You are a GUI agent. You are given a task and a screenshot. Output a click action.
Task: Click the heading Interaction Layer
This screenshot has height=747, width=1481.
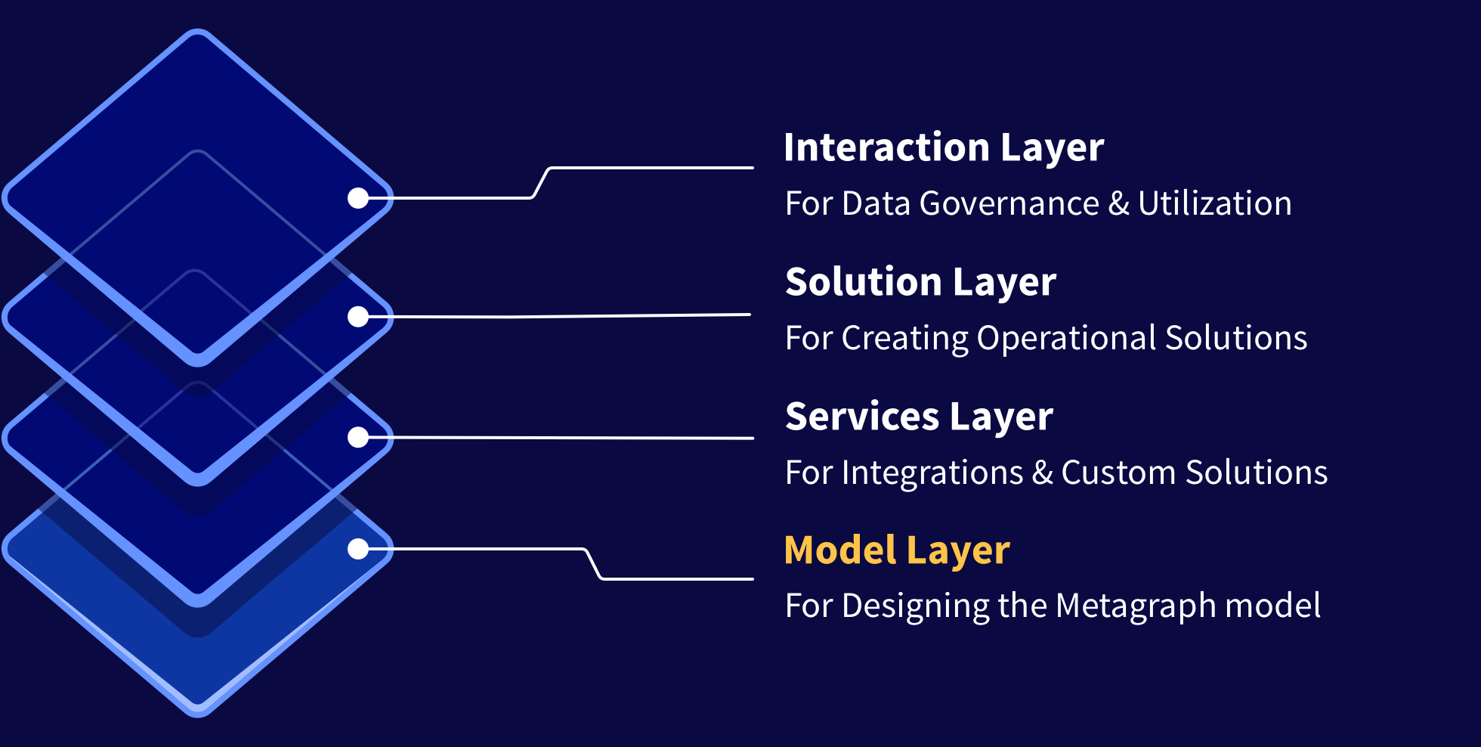pos(944,147)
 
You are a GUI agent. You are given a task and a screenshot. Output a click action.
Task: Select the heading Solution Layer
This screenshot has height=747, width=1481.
pos(920,282)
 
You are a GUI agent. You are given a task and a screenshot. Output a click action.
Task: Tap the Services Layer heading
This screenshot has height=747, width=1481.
pos(919,417)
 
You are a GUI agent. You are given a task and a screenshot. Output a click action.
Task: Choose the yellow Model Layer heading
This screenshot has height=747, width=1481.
pos(897,550)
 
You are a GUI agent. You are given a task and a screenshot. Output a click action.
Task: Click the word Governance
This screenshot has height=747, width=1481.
pos(1009,203)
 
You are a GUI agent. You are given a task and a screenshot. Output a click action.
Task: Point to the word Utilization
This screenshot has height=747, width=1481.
pos(1215,203)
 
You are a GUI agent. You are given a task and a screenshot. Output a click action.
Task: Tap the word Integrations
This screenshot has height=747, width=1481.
pos(932,473)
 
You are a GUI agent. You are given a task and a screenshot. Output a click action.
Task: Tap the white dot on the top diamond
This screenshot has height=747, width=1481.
pos(358,198)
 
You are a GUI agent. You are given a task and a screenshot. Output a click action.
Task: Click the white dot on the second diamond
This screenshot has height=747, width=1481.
pos(358,317)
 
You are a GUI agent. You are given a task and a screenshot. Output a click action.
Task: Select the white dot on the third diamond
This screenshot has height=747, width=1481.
pos(358,437)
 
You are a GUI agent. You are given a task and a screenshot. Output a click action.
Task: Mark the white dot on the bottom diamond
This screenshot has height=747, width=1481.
pos(358,549)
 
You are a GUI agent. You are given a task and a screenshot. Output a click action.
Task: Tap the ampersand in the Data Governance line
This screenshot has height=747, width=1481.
pos(1119,203)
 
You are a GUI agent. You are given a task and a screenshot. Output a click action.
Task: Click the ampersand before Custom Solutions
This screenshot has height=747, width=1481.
pos(1043,473)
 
